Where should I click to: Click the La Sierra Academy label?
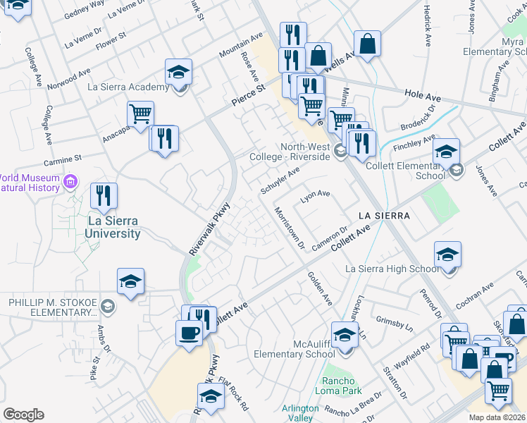coord(128,87)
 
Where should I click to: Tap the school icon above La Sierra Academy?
coord(179,72)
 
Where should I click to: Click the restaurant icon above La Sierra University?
coord(104,196)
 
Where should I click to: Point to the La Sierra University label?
coord(113,226)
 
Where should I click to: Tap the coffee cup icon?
coord(189,333)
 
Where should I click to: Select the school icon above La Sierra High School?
coord(447,255)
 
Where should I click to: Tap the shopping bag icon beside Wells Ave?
coord(367,44)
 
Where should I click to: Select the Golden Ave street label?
coord(319,289)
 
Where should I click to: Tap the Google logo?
coord(23,414)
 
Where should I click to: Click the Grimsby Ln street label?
coord(394,322)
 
